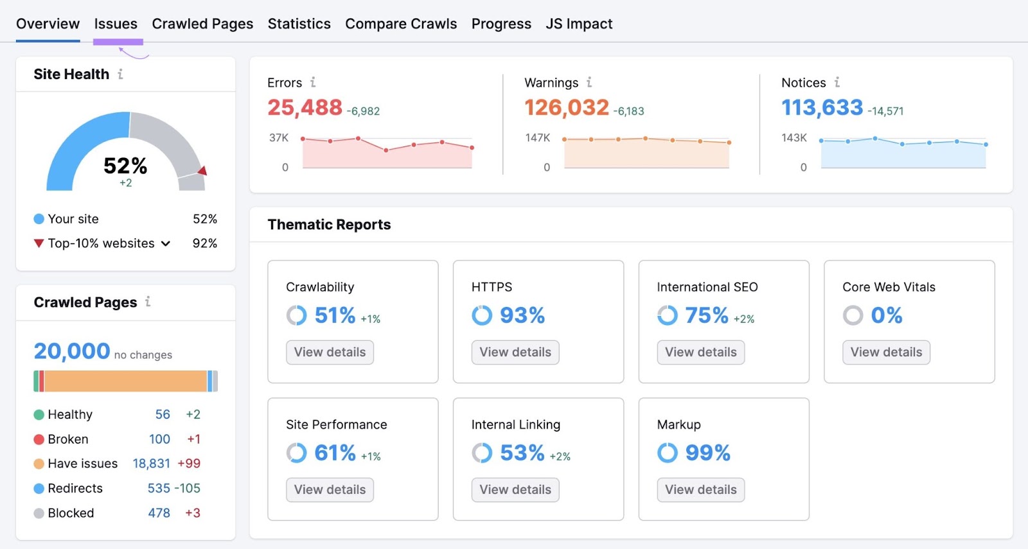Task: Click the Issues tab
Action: coord(116,24)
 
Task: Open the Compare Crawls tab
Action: coord(401,24)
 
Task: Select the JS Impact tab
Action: coord(579,24)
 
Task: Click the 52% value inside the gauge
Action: coord(125,166)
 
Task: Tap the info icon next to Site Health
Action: coord(120,74)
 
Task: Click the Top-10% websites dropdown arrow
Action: coord(166,243)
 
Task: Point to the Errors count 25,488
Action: coord(305,108)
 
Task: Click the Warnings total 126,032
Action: coord(566,108)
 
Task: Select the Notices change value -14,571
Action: coord(885,111)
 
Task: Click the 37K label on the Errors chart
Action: coord(279,137)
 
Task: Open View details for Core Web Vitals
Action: coord(886,352)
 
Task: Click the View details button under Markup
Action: coord(700,489)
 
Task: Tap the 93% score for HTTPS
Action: coord(522,315)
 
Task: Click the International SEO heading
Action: coord(707,287)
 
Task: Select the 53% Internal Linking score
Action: coord(522,453)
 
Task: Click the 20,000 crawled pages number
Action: coord(72,351)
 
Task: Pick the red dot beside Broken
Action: coord(39,439)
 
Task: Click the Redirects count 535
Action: coord(159,488)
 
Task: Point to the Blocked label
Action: coord(71,513)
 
